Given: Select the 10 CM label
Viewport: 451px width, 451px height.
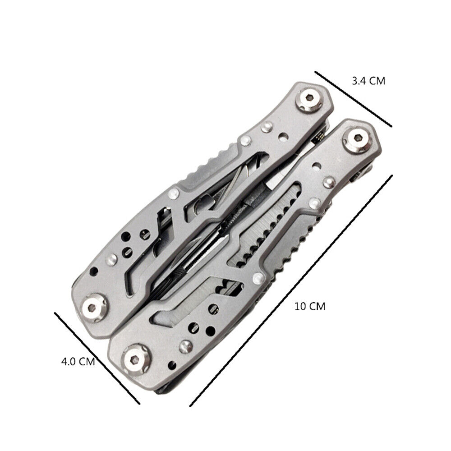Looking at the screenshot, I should pos(310,306).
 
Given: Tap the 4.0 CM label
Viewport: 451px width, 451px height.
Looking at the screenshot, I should pos(78,361).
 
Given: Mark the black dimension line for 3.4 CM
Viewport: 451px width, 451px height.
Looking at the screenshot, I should pos(353,99).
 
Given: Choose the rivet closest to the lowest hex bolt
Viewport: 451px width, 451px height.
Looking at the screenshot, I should pos(184,347).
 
